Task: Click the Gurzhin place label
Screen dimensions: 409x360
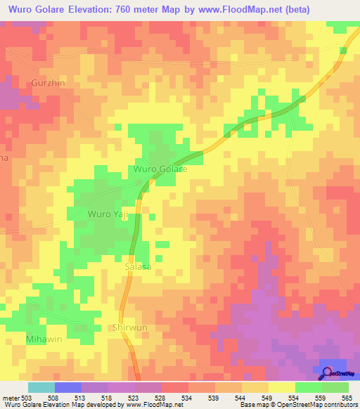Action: pos(48,82)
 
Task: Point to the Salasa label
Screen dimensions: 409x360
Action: pos(138,267)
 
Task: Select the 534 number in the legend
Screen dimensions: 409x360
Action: pos(188,397)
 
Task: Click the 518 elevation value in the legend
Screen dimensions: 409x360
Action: pos(108,397)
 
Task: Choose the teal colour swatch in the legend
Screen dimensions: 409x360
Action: pos(41,387)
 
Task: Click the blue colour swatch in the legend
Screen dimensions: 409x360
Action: pos(67,387)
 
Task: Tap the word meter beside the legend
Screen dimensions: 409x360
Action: pos(10,397)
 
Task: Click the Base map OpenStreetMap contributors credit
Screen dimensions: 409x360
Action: pos(297,405)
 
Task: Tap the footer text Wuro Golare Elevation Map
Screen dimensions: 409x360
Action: pos(44,405)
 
